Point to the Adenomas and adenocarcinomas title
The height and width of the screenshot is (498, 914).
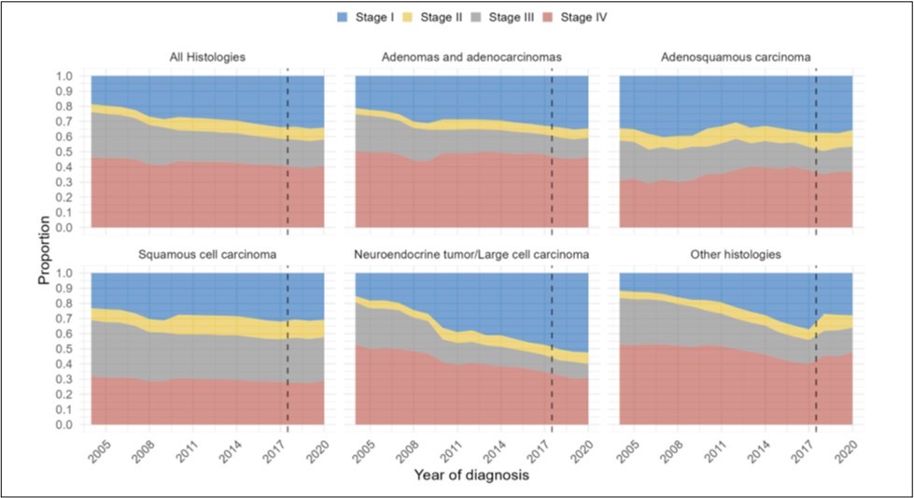tap(471, 57)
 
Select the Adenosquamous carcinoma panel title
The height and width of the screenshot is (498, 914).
tap(737, 57)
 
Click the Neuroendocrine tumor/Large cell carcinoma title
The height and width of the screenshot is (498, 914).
tap(471, 255)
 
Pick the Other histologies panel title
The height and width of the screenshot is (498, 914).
tap(737, 255)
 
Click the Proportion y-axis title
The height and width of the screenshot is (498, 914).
tap(45, 250)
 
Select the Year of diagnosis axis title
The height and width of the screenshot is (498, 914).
tap(472, 476)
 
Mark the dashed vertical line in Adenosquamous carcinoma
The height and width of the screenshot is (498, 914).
tap(816, 149)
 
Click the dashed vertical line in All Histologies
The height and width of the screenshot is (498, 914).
tap(288, 149)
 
